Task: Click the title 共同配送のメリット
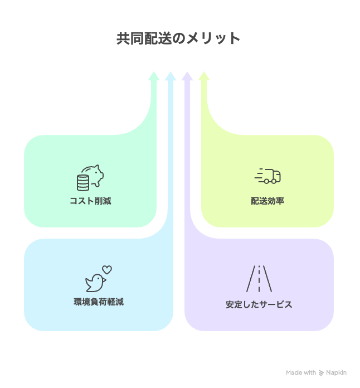point(178,38)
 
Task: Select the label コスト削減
point(90,201)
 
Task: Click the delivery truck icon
point(271,176)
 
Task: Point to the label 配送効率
point(267,201)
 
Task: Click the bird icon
point(95,283)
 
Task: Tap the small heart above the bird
point(107,269)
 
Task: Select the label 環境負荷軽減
point(99,302)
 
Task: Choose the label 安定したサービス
point(259,304)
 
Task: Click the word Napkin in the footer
point(337,372)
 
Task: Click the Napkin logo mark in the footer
point(322,372)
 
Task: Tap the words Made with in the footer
point(301,372)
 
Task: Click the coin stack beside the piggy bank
point(83,182)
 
